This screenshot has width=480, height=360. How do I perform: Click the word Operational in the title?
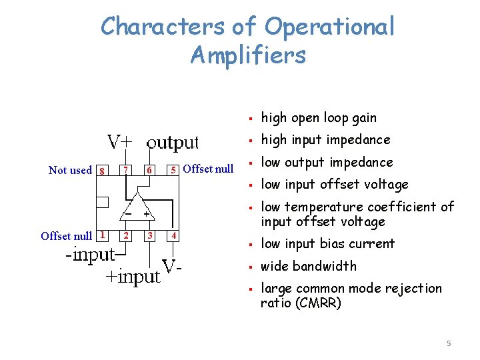click(329, 27)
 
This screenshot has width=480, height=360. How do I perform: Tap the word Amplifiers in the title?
click(248, 55)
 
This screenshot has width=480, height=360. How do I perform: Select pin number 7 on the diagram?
click(126, 169)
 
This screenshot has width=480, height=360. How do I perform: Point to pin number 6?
click(151, 169)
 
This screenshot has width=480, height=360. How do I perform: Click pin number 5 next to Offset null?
click(174, 169)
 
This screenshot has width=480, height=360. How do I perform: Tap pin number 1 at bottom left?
click(102, 235)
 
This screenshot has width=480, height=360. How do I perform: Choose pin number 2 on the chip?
click(126, 235)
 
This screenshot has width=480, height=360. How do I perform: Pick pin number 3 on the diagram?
click(151, 235)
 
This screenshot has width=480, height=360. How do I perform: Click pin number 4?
click(174, 235)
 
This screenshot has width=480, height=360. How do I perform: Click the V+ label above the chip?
click(120, 142)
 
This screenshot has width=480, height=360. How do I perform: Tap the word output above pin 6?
click(173, 142)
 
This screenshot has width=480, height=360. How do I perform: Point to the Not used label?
click(70, 170)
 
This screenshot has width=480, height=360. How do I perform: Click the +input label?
click(133, 276)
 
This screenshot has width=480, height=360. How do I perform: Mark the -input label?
click(91, 255)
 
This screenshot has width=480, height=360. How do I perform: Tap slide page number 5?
click(449, 343)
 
